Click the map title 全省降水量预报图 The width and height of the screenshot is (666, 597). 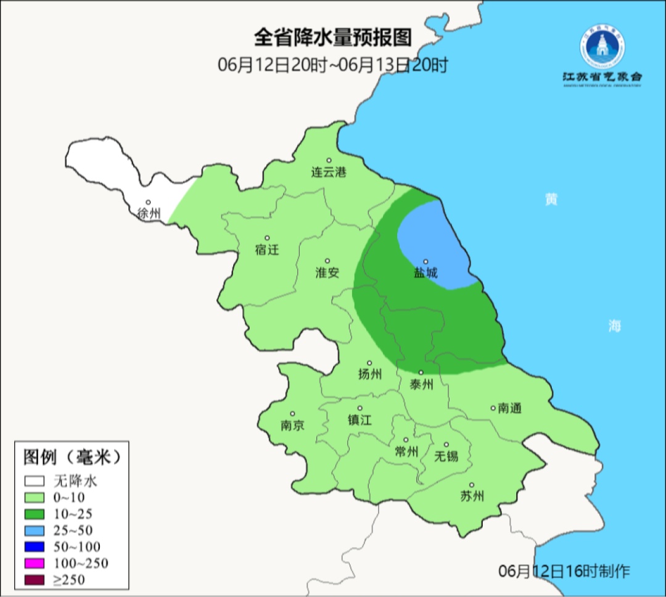(x=332, y=38)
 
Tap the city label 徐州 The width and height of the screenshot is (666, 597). (x=149, y=214)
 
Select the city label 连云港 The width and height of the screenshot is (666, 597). (x=329, y=172)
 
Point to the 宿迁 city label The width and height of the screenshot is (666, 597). (x=267, y=250)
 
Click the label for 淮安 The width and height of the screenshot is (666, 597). (x=327, y=272)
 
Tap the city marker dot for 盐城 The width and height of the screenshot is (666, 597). (x=425, y=261)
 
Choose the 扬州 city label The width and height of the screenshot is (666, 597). (x=370, y=374)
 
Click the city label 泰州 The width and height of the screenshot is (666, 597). (x=421, y=384)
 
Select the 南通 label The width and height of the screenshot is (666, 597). (x=510, y=408)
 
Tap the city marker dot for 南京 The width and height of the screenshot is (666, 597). (x=292, y=414)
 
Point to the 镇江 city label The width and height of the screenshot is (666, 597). (x=360, y=420)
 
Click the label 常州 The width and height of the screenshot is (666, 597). (x=406, y=452)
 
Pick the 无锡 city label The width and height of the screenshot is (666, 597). (x=446, y=456)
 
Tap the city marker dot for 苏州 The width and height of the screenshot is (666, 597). (x=472, y=485)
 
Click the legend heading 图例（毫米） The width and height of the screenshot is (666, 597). (x=71, y=458)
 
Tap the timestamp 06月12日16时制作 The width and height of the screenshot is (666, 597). (x=564, y=571)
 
